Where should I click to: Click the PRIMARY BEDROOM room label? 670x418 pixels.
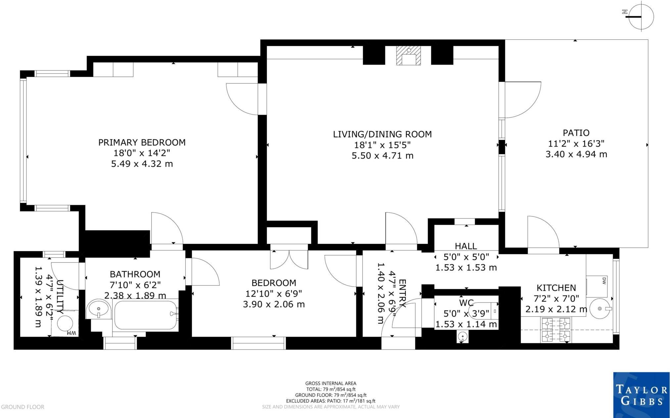click(x=142, y=142)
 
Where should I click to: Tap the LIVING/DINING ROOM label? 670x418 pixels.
click(x=382, y=134)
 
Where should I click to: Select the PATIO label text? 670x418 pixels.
click(x=576, y=133)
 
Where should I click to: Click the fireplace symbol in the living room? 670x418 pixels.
click(x=409, y=55)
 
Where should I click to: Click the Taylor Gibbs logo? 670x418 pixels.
click(x=641, y=395)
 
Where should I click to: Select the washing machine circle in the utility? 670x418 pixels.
click(x=65, y=323)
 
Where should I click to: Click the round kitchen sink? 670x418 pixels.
click(x=599, y=309)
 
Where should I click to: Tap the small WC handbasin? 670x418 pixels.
click(x=462, y=337)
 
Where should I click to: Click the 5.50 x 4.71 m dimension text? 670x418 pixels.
click(x=382, y=156)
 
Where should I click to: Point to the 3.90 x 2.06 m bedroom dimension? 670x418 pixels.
click(x=274, y=304)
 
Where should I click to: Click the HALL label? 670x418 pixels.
click(x=466, y=246)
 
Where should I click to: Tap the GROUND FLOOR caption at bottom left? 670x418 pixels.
click(x=23, y=407)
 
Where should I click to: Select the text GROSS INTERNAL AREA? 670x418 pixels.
click(x=331, y=384)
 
